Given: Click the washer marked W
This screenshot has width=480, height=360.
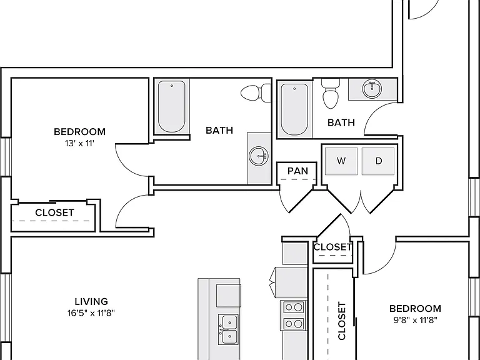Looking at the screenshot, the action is [341, 161].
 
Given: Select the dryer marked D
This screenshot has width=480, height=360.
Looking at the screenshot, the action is [378, 161].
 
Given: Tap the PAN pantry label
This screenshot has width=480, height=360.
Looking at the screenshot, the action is [297, 171].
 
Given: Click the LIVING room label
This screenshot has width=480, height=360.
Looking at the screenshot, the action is [91, 301].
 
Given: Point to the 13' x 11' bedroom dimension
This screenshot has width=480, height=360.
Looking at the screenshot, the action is [79, 143].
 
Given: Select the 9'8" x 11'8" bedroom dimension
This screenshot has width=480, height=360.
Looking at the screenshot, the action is [415, 320].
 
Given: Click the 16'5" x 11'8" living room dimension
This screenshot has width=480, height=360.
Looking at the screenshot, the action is [91, 313].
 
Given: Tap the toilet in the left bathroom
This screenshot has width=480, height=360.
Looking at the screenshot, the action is [256, 92].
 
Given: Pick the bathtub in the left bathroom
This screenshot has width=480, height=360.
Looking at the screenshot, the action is [171, 106].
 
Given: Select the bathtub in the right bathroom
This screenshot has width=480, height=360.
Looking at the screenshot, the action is [294, 109].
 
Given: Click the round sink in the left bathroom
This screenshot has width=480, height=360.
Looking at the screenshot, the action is [259, 156].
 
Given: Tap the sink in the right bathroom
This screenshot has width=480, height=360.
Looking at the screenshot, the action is [372, 89].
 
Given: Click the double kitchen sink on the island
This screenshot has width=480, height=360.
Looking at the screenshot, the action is [229, 329].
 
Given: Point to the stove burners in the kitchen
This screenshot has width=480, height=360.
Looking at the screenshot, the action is [293, 315].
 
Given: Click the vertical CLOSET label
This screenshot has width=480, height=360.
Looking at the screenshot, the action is [342, 321].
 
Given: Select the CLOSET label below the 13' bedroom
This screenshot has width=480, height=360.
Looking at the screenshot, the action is [54, 212].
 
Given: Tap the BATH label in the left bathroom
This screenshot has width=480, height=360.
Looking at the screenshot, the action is [219, 131].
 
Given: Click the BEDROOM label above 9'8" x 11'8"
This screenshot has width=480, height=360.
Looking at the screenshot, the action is [415, 309].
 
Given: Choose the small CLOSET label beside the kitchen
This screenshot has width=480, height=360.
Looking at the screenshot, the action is [332, 247].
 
